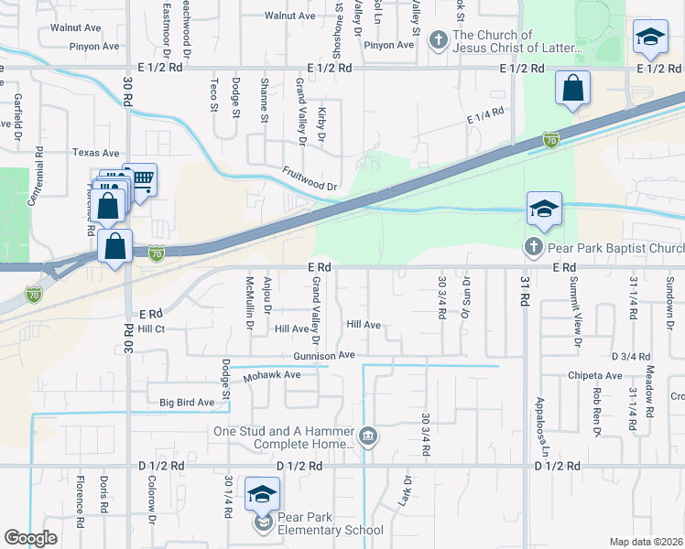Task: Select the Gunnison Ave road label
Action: point(323,355)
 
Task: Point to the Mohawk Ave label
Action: point(272,375)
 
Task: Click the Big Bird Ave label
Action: point(187,402)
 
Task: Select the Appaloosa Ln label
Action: point(542,427)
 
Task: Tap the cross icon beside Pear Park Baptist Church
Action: point(533,247)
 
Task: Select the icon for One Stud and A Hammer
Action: point(368,436)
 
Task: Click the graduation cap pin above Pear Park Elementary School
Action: point(262,494)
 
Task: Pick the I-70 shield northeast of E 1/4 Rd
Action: point(550,140)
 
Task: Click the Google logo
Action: point(30,538)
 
